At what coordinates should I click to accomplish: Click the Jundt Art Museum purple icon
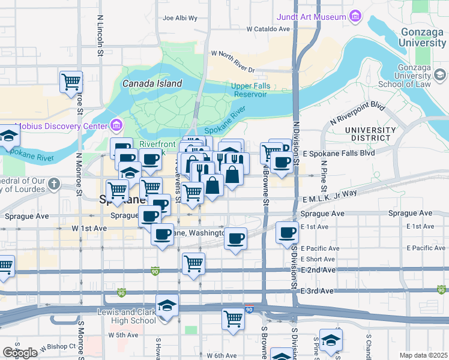[355, 15]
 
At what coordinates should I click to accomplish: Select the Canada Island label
[152, 83]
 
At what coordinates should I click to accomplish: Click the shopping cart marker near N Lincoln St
[71, 82]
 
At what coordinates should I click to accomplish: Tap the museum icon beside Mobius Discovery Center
[116, 126]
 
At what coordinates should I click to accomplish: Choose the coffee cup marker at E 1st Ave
[287, 232]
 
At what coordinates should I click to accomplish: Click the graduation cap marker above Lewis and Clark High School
[167, 305]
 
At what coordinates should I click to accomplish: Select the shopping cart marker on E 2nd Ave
[193, 263]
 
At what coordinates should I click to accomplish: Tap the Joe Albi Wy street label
[180, 18]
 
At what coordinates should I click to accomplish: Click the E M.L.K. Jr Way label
[330, 193]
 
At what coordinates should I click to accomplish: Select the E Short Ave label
[318, 259]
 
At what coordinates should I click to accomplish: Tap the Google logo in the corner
[20, 353]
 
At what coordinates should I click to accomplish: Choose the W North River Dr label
[233, 53]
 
